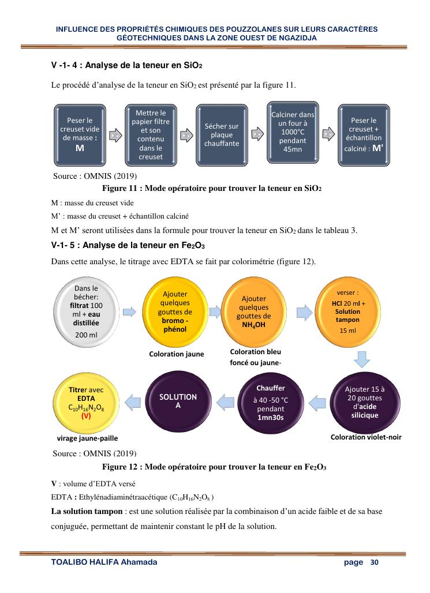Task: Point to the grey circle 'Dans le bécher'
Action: [x=85, y=311]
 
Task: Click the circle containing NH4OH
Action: [x=253, y=312]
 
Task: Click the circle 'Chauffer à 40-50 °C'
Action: [x=271, y=401]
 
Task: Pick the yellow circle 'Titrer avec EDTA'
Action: [x=85, y=401]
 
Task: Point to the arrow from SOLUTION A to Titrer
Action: [x=133, y=400]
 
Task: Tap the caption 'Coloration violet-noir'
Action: [x=366, y=437]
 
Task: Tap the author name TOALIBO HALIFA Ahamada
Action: [x=104, y=562]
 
